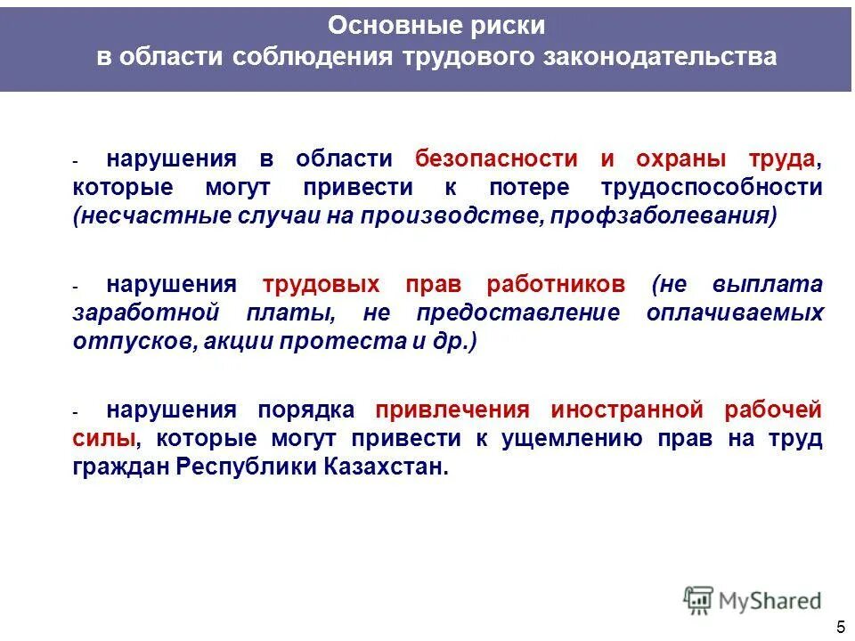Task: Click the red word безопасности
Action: (496, 158)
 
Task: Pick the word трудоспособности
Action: (711, 187)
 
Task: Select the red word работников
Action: (556, 285)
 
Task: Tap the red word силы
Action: (105, 439)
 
